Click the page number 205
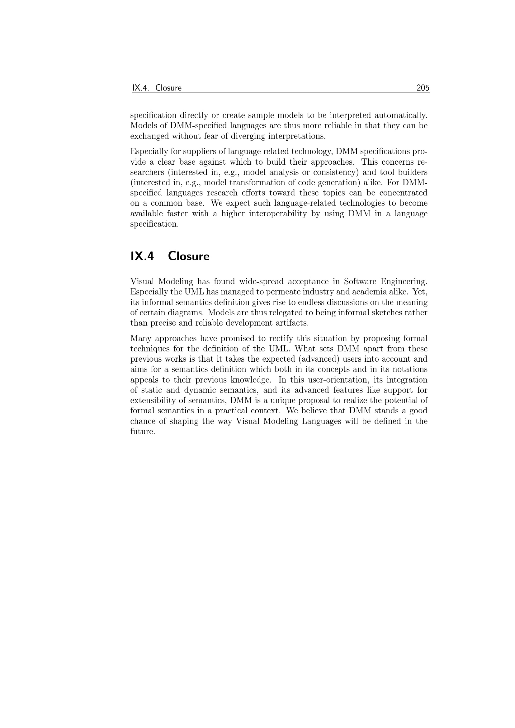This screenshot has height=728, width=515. point(423,88)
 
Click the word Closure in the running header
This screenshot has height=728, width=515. point(168,88)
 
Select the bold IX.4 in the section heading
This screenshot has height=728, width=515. point(142,256)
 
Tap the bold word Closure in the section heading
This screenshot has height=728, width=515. point(189,256)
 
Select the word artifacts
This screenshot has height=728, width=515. point(293,323)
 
